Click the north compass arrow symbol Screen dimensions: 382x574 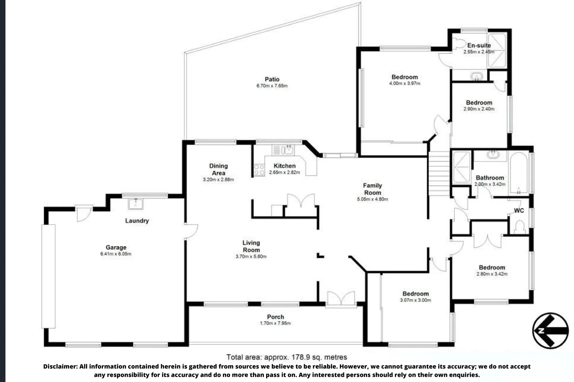point(550,330)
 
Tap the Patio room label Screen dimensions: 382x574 point(272,79)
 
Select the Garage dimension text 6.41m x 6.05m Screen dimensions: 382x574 point(116,254)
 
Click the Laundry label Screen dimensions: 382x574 point(137,221)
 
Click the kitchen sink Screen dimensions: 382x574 point(288,150)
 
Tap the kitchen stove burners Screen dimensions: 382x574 point(259,170)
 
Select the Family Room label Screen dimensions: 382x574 point(372,189)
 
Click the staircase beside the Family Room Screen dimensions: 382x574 point(439,173)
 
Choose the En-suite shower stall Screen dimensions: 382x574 point(497,50)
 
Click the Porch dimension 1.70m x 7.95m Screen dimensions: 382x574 point(275,323)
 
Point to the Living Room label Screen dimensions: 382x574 point(251,246)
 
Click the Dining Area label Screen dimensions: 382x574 point(218,169)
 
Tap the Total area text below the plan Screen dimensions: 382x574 point(287,357)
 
